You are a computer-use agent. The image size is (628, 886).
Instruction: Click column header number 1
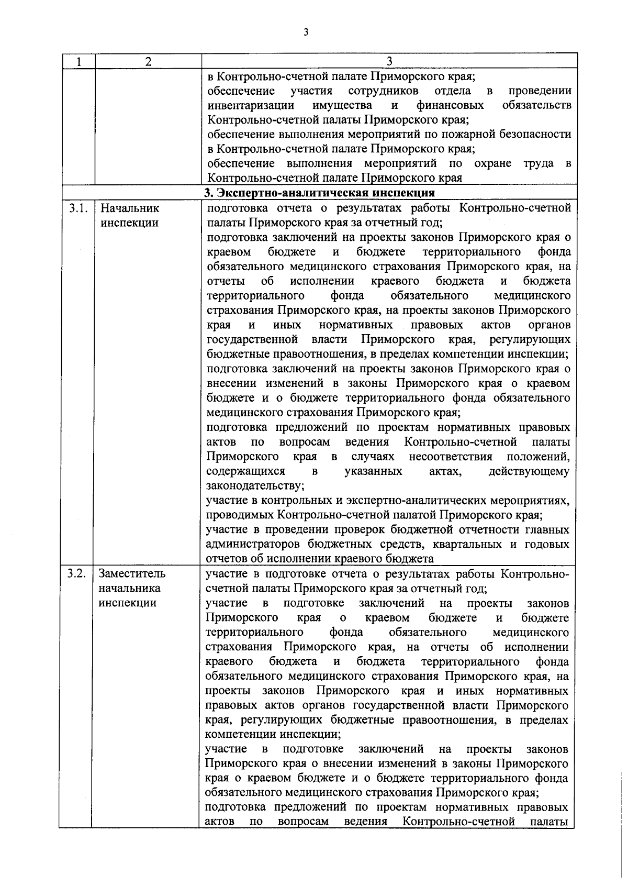coord(78,62)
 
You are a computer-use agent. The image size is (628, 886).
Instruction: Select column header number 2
coord(148,62)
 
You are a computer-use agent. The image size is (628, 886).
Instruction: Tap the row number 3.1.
coord(77,208)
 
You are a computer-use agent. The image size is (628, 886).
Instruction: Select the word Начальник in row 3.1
coord(129,208)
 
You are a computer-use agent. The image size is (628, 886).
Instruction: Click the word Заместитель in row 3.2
coord(132,573)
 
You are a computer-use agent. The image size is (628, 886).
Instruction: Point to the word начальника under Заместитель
coord(129,588)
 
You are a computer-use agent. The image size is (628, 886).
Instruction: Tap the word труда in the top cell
coord(538,163)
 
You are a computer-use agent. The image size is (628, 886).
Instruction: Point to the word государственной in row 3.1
coord(253,339)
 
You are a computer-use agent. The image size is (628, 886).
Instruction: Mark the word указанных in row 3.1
coord(373,471)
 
